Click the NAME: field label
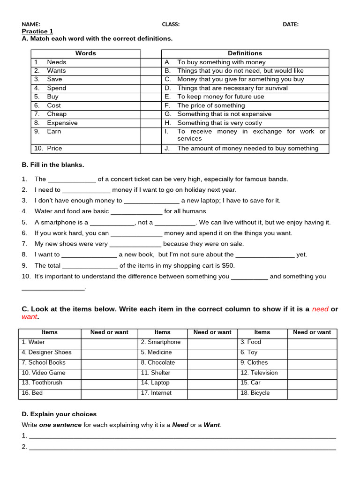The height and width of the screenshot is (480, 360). pos(31,24)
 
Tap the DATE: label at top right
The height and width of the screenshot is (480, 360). pos(291,24)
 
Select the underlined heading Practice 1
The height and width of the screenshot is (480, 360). pos(37,31)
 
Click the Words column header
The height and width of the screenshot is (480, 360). pos(85,53)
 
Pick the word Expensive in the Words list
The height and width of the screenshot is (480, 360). pos(62,123)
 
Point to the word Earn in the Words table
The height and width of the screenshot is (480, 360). pos(54,132)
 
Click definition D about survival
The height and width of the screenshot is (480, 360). pos(232,88)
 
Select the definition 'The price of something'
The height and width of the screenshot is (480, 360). pos(211,105)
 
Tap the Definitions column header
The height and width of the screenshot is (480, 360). pos(245,53)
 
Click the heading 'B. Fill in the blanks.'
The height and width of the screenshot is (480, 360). pos(53,165)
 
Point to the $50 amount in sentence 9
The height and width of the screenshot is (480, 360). pos(227,265)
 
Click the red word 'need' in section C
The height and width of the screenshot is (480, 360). pos(320,309)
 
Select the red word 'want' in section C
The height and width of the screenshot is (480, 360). pos(29,317)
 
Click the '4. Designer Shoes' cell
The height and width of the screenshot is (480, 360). pos(46,352)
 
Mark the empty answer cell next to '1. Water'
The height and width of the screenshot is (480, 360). pos(109,343)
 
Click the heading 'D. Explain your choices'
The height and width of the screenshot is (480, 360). pos(59,414)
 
